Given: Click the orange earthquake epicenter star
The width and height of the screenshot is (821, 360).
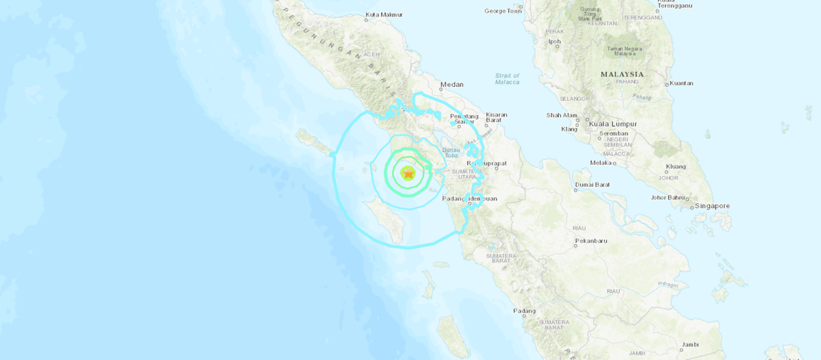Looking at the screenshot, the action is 408,175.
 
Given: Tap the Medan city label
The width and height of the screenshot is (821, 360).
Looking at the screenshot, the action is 452,84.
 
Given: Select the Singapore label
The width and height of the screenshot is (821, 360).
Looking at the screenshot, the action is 712,205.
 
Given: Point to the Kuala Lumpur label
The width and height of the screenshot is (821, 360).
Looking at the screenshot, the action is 617,124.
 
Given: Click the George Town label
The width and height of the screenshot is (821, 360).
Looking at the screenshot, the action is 503,11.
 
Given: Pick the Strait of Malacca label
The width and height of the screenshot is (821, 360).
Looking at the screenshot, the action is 507,79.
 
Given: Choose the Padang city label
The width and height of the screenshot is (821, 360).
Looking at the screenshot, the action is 525,311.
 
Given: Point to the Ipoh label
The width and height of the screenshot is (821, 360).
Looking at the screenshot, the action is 554,42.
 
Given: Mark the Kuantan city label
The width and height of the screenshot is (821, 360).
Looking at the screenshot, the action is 681,83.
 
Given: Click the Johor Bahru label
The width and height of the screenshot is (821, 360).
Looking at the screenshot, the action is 668,198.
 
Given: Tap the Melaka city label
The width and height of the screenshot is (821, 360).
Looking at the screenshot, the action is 601,162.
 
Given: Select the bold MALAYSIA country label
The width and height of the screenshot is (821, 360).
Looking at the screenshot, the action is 622,74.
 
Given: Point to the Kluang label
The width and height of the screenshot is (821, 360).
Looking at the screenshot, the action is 676,166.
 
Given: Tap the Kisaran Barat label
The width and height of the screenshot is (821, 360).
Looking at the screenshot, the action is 497,118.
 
